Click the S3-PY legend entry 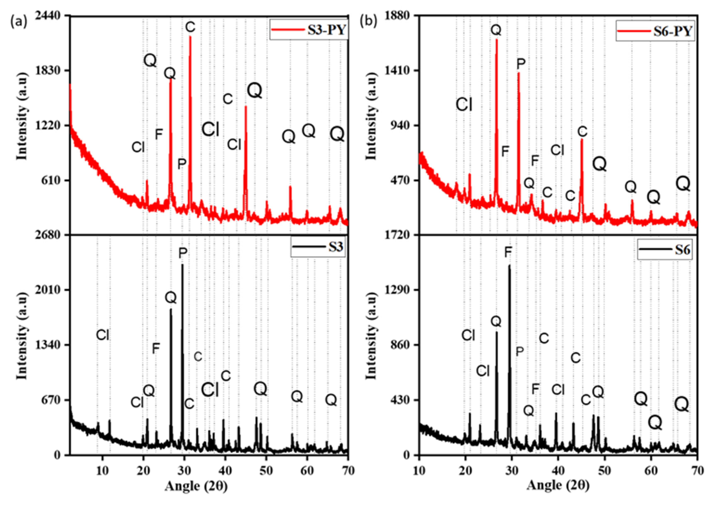pos(309,30)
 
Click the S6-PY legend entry pos(654,31)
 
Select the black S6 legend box pos(665,249)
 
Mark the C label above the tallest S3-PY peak pos(190,27)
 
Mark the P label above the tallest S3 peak pos(183,253)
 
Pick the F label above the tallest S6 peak pos(508,252)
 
